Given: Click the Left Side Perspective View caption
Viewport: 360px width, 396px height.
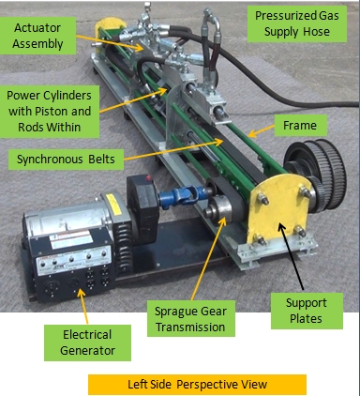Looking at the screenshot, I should [197, 385].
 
